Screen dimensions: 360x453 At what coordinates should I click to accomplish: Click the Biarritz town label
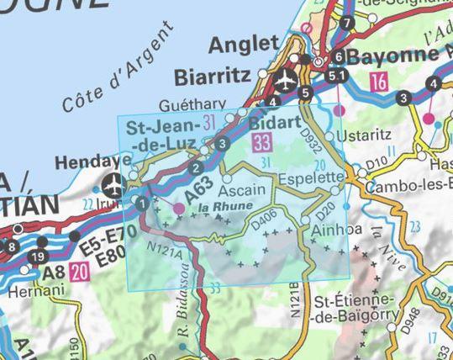(x=212, y=77)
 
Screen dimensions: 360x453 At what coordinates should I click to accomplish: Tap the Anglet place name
(x=243, y=44)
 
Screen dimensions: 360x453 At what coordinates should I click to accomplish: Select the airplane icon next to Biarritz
(x=284, y=82)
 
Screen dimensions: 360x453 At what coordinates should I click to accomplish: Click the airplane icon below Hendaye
(x=112, y=183)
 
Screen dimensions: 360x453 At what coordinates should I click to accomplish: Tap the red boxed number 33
(x=261, y=142)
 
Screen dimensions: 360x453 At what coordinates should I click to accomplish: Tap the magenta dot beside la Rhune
(x=178, y=207)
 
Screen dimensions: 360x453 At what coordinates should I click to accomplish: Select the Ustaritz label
(x=364, y=135)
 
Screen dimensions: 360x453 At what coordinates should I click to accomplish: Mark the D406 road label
(x=264, y=224)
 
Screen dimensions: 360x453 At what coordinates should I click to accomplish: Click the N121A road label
(x=163, y=252)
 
